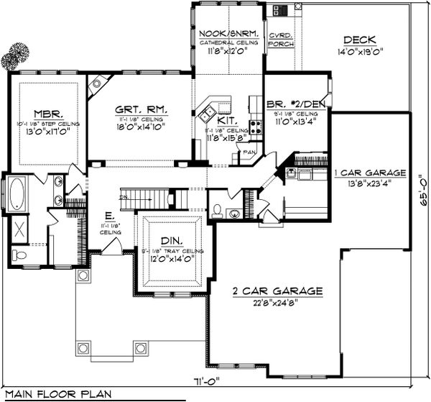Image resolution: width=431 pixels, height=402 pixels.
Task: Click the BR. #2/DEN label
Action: (x=295, y=104)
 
